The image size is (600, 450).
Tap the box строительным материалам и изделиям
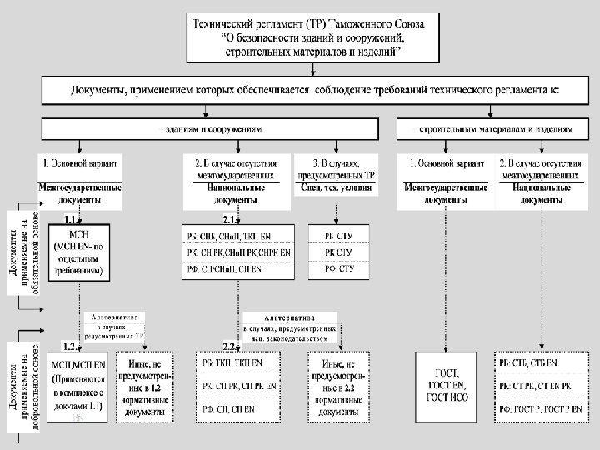pos(496,130)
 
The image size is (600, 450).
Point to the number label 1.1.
pos(71,220)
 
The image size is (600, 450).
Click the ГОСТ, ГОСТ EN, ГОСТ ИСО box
pos(449,386)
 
